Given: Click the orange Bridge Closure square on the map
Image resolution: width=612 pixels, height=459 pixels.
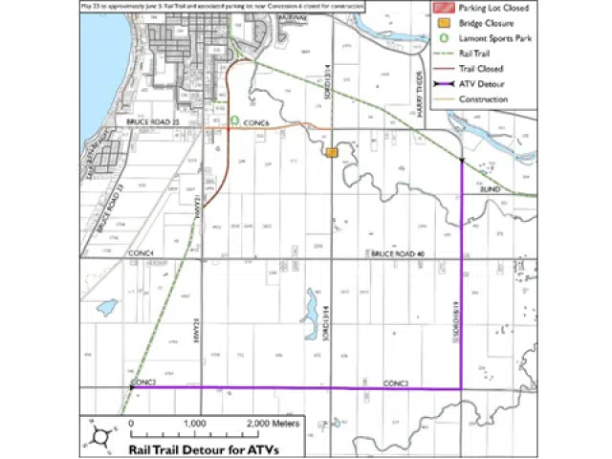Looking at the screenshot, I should click(332, 153).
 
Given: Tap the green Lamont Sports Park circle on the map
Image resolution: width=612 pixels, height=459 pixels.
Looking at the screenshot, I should click(234, 121).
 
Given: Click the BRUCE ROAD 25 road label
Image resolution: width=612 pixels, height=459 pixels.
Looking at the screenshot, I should click(152, 123).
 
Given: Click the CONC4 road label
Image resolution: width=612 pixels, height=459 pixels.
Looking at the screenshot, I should click(142, 252).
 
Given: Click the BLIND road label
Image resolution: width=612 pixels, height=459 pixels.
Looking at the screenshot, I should click(491, 190).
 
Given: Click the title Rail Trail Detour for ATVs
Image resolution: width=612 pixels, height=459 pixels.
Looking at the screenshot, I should click(197, 446).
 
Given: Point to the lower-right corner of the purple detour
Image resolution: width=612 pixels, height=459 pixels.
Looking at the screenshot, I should click(462, 388).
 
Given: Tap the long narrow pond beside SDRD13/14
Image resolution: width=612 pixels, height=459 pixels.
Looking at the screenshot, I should click(311, 309).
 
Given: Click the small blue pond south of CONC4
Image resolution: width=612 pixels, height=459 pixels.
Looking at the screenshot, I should click(107, 308).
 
